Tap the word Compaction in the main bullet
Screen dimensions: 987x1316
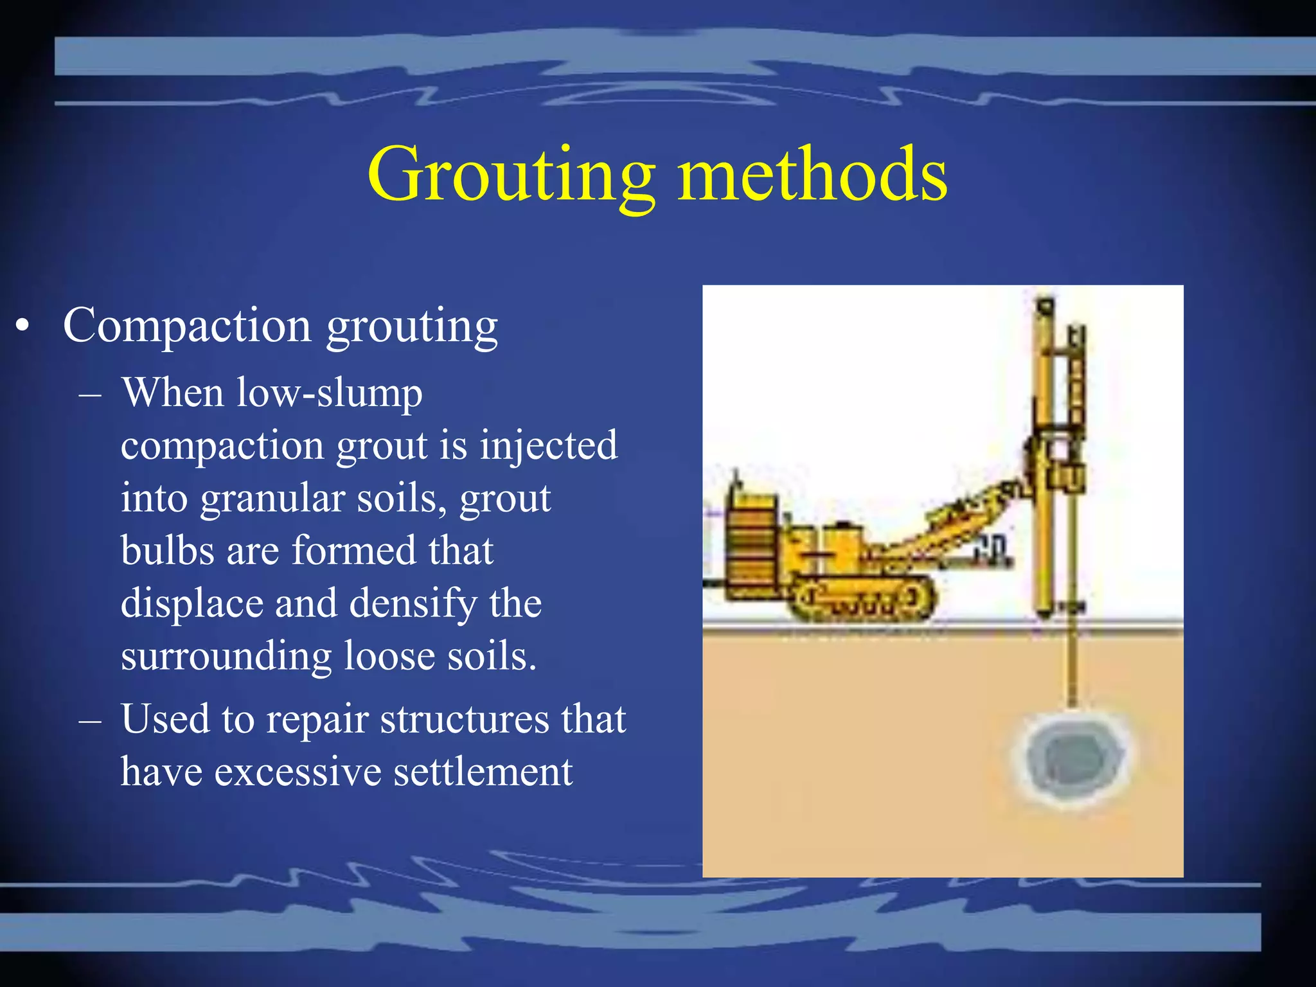pos(186,326)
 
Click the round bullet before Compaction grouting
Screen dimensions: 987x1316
pos(23,326)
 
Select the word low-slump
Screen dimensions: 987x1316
pos(329,393)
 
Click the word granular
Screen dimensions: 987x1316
pos(272,499)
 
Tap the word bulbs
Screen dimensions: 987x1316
pos(167,551)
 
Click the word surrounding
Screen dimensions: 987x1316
pos(226,657)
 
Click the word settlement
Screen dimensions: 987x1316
pos(483,772)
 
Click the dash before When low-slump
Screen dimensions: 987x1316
pos(90,394)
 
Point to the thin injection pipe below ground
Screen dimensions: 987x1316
pos(1072,668)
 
